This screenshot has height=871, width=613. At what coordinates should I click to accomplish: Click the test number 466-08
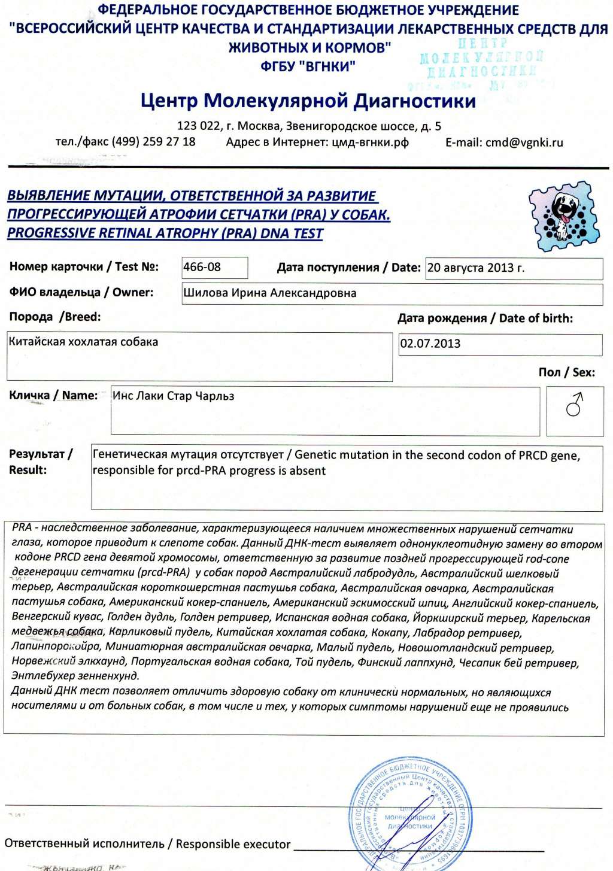pos(202,267)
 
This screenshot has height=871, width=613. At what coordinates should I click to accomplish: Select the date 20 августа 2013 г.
pos(476,268)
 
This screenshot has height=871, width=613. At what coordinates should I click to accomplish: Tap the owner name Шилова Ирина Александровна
pos(270,293)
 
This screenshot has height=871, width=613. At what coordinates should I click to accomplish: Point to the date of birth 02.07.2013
pos(430,344)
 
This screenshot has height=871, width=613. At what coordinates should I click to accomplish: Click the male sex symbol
pos(575,405)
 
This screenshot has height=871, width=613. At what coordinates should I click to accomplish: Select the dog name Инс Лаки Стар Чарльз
pos(174,396)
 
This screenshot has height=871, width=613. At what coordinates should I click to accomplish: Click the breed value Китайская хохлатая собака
pos(84,342)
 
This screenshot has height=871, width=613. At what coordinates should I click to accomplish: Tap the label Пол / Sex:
pos(566,372)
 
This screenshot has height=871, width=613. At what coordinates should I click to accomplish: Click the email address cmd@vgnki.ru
pos(524,142)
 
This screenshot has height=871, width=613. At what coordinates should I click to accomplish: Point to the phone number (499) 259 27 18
pos(153,142)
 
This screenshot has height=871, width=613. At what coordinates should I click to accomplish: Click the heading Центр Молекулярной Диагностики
pos(308,101)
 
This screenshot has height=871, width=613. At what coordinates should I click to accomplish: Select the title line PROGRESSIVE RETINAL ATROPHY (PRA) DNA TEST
pos(165,233)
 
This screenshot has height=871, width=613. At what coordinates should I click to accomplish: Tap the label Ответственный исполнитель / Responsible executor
pos(147,844)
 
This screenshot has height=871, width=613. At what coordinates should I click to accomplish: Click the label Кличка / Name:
pos(53,396)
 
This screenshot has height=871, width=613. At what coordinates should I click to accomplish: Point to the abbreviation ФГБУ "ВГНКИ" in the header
pos(308,66)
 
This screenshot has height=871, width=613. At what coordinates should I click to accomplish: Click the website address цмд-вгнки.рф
pos(370,142)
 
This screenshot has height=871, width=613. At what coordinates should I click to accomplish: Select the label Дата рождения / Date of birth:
pos(485,318)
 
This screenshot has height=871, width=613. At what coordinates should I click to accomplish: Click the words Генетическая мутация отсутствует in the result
pos(188,455)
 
